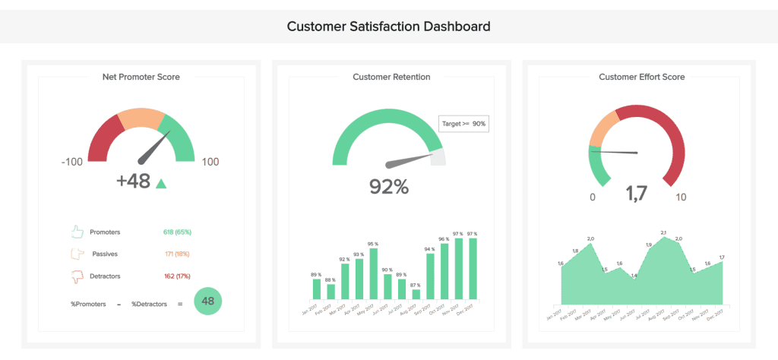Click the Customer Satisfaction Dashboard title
[388, 26]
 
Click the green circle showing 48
[208, 301]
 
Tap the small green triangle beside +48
[160, 183]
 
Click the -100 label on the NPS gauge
[72, 162]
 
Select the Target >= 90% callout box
[463, 124]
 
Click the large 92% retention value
[388, 186]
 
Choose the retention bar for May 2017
[373, 273]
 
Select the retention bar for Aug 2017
[416, 293]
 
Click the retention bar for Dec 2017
[473, 268]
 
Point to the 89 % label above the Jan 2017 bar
[316, 274]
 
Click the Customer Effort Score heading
[641, 77]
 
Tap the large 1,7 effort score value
[637, 195]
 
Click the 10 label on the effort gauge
[681, 197]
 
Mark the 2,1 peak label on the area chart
[663, 232]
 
